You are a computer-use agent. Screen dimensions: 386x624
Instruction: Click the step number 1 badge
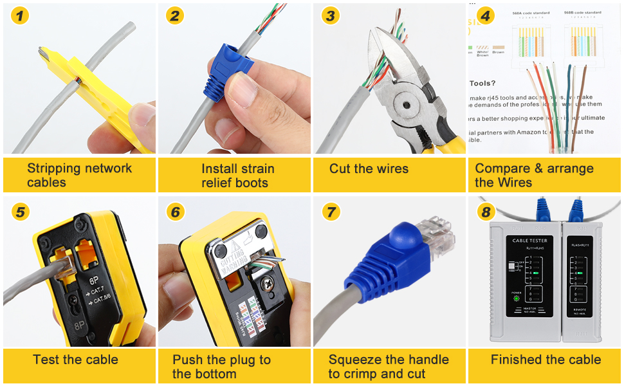[x=21, y=15]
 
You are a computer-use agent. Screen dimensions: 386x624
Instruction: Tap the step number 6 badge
[x=176, y=212]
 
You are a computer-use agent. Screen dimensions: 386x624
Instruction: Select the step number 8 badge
[x=486, y=212]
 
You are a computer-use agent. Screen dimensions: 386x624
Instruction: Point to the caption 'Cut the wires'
[x=369, y=169]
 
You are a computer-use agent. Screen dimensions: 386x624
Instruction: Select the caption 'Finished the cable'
[x=546, y=360]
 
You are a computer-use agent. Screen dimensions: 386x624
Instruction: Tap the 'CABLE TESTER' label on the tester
[x=528, y=240]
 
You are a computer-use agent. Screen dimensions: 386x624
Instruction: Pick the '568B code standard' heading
[x=583, y=12]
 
